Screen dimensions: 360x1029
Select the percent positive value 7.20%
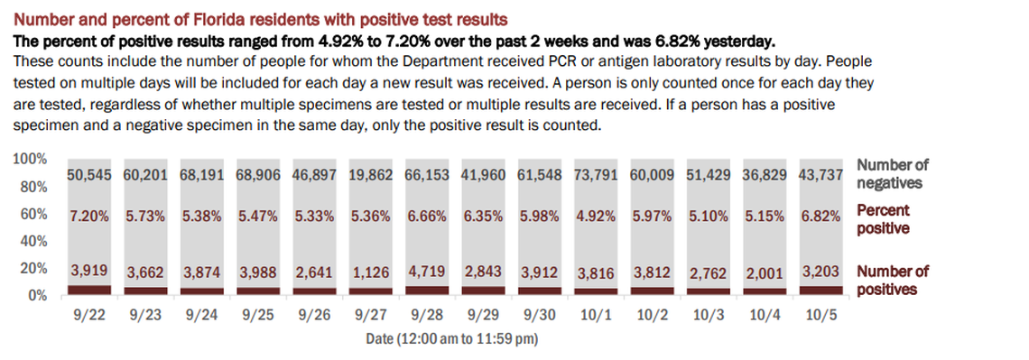click(x=90, y=217)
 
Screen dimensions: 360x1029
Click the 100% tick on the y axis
click(x=30, y=159)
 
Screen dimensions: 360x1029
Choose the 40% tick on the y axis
click(x=32, y=241)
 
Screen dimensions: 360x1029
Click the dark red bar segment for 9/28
click(x=427, y=290)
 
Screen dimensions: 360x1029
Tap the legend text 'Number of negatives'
click(x=892, y=173)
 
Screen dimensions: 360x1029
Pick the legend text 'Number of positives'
click(x=893, y=280)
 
